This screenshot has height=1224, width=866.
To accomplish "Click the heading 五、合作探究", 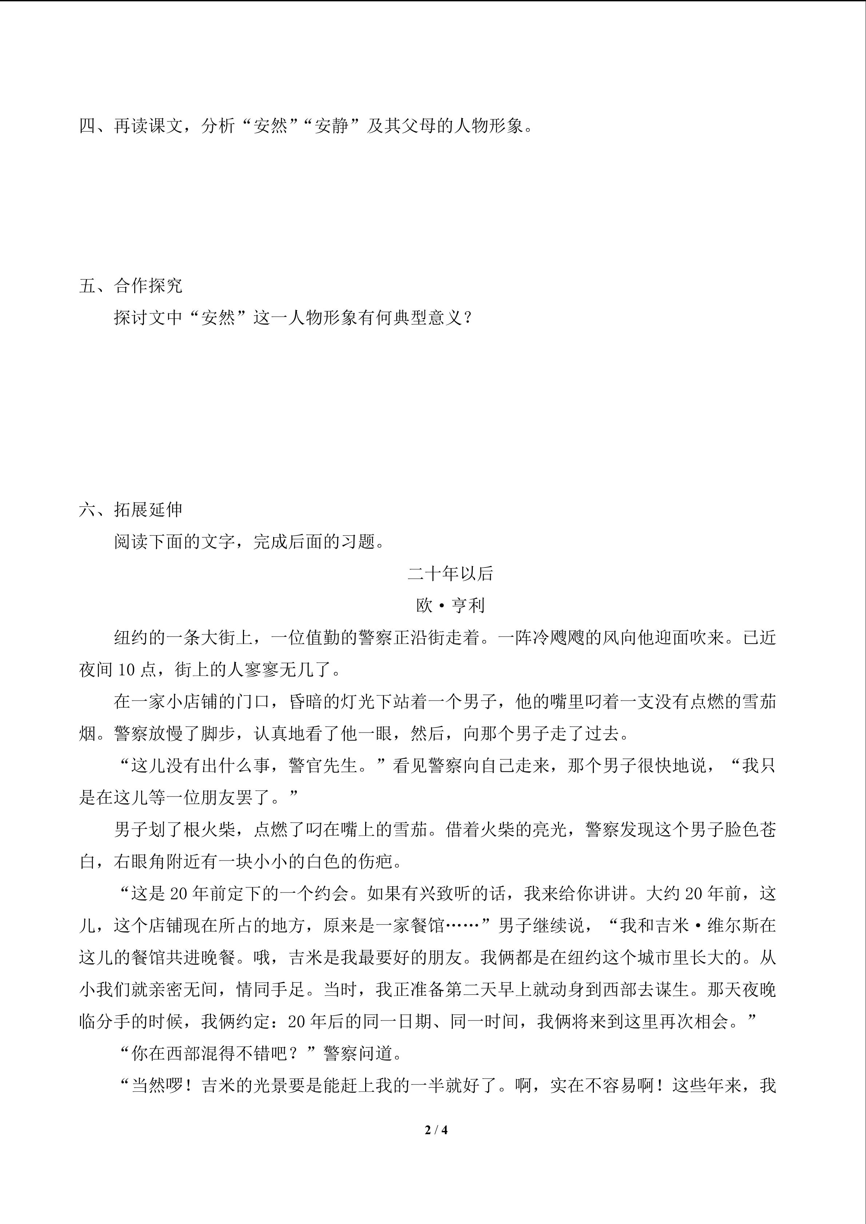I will pyautogui.click(x=131, y=286).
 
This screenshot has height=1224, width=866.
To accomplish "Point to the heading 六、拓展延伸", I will pyautogui.click(x=131, y=510).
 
